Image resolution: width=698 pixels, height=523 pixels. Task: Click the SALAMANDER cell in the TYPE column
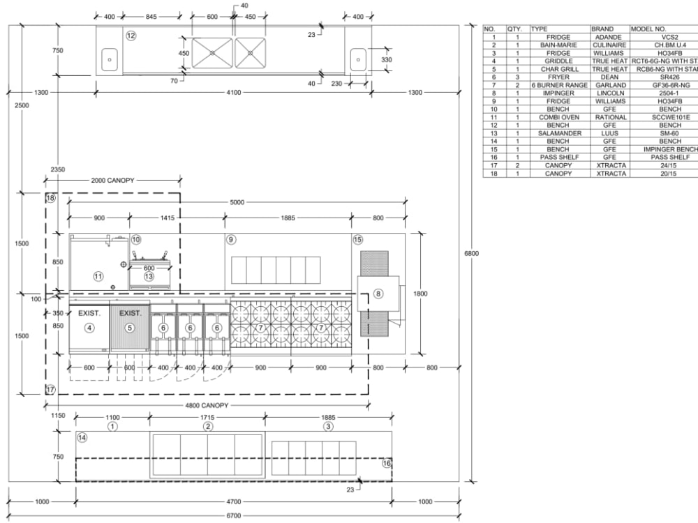pos(559,133)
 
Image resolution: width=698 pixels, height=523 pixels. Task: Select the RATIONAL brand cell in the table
pos(610,117)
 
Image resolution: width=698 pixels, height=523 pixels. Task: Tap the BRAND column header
pos(602,29)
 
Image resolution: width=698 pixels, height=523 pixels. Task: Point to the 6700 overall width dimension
pos(233,515)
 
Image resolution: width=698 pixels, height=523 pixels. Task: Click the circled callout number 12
pos(131,35)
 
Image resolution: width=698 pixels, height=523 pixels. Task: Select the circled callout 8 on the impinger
pos(378,294)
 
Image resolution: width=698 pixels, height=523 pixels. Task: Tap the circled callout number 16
pos(386,463)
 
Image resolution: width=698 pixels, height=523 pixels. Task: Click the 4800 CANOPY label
pos(207,405)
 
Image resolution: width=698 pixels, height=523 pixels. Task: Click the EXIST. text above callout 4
pos(89,313)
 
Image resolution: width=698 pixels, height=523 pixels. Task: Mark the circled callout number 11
pos(98,276)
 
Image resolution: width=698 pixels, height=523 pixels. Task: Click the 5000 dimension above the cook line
pos(237,202)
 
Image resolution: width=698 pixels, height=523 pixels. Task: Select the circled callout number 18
pos(50,199)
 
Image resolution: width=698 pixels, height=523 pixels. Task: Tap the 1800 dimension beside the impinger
pos(420,294)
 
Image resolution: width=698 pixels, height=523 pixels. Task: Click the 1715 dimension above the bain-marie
pos(207,417)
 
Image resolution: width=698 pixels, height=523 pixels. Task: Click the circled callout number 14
pos(82,438)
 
